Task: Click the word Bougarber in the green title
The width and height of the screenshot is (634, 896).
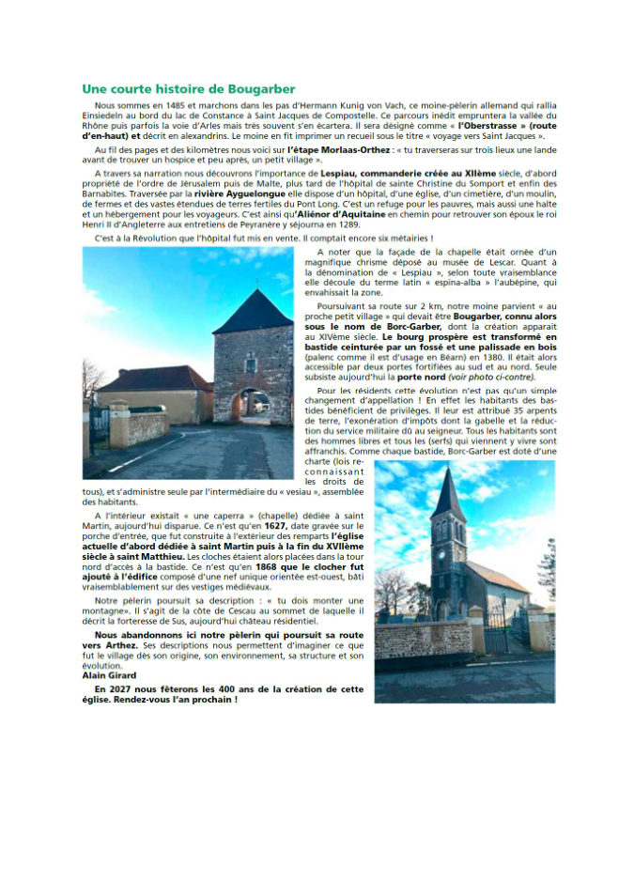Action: (261, 88)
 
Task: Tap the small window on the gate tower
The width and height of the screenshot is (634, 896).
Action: (251, 363)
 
